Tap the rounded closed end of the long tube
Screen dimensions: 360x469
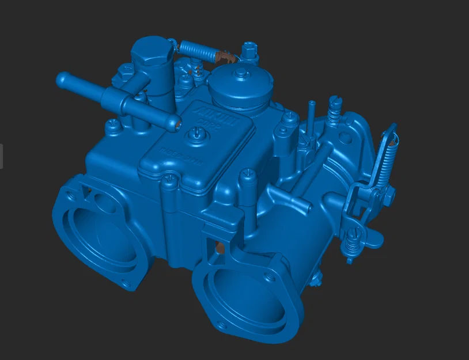coord(61,78)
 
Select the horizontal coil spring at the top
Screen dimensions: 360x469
coord(197,50)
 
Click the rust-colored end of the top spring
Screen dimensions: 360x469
coord(222,56)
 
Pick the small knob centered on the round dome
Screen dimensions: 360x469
coord(239,73)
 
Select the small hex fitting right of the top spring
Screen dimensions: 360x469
coord(248,51)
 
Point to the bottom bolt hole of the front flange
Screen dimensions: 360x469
coord(221,327)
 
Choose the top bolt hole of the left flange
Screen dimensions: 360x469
coord(76,184)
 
